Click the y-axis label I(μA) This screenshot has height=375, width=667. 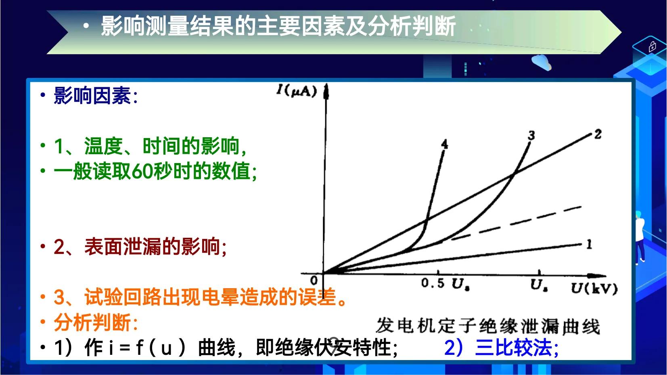click(297, 91)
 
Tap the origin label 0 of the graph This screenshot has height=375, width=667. click(314, 281)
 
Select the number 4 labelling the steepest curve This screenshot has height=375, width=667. click(444, 144)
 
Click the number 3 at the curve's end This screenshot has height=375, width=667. click(531, 136)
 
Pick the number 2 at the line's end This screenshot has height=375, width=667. click(598, 134)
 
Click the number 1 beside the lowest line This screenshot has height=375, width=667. click(589, 244)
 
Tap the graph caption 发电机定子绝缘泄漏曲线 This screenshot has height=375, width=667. click(488, 326)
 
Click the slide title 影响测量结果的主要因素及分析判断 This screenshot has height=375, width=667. click(278, 26)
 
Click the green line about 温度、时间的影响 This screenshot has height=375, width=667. click(150, 146)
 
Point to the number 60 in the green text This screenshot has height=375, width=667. click(142, 172)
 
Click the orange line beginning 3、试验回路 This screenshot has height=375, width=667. click(200, 297)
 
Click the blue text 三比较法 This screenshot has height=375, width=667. click(513, 348)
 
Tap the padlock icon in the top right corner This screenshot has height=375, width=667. click(652, 47)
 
